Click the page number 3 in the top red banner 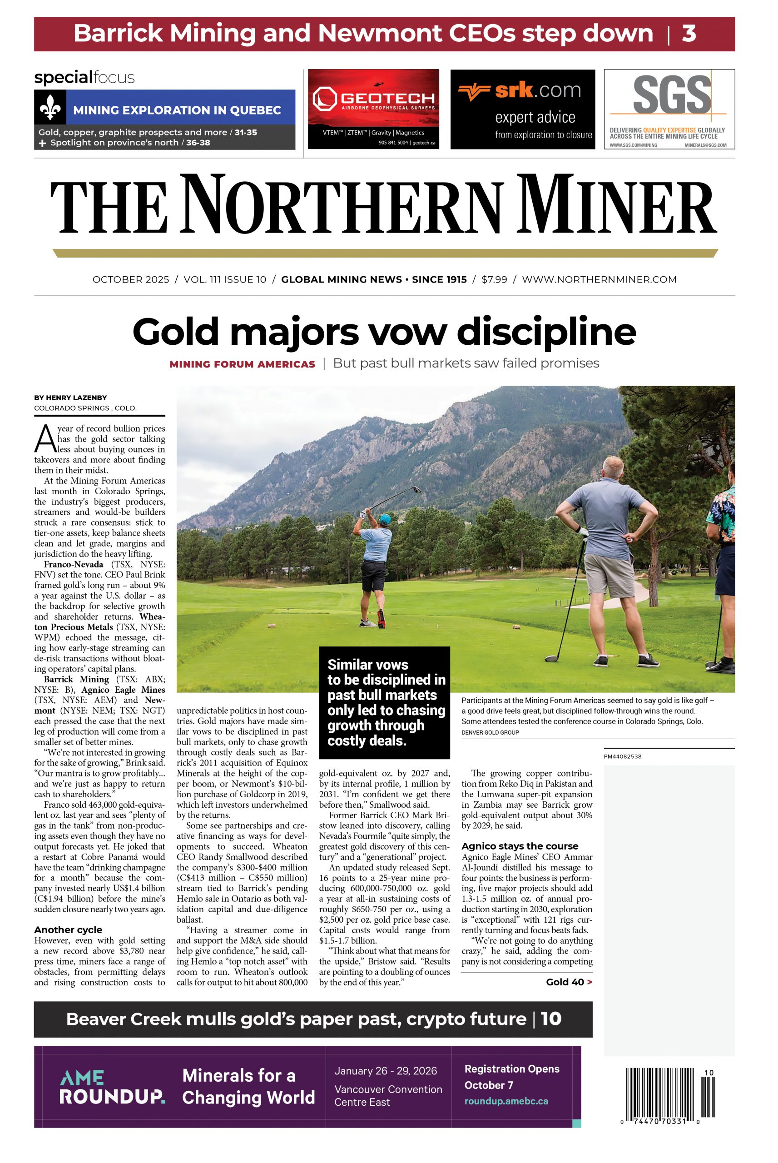coord(689,34)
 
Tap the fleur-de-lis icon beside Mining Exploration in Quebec coord(50,107)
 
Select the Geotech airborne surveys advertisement coord(373,109)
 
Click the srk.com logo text coord(538,91)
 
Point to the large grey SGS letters coord(672,95)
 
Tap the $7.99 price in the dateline coord(494,279)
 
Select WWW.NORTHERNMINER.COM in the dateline coord(599,279)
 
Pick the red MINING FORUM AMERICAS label coord(242,364)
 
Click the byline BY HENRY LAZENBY coord(70,398)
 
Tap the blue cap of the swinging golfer coord(386,518)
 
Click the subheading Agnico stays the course coord(520,846)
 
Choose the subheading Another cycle coord(68,929)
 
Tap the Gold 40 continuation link coord(569,982)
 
